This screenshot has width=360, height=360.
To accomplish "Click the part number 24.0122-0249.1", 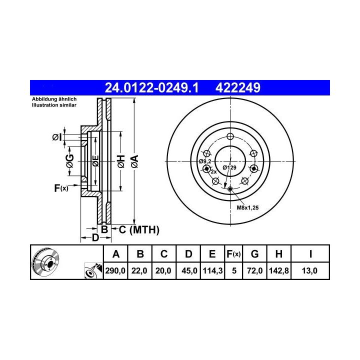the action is click(151, 88).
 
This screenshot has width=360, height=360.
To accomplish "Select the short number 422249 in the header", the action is click(237, 88).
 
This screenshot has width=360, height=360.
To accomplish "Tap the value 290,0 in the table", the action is click(115, 270).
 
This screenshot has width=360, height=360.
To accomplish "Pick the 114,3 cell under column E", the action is click(212, 270).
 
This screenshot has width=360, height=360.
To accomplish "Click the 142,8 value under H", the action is click(278, 270).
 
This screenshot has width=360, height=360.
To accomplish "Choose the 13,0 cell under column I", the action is click(309, 270).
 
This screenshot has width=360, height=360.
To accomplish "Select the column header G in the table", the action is click(255, 254).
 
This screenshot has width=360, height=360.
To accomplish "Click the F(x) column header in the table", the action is click(233, 254).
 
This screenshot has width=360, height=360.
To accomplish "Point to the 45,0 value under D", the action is click(189, 270).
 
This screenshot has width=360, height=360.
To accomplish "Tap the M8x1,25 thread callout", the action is click(247, 208).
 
